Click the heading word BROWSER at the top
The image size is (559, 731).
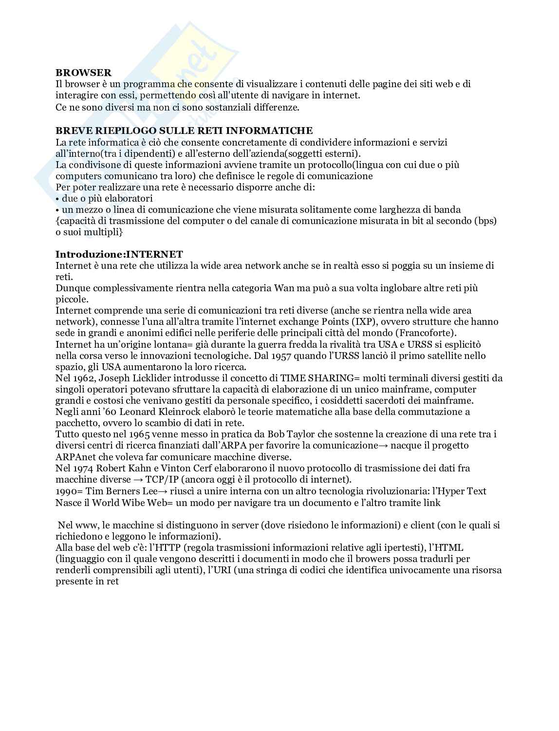(x=83, y=73)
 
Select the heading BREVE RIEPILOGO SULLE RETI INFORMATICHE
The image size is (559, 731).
(x=184, y=131)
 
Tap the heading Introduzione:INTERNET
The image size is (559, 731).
(x=119, y=254)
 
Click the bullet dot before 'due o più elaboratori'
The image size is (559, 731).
(x=57, y=199)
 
